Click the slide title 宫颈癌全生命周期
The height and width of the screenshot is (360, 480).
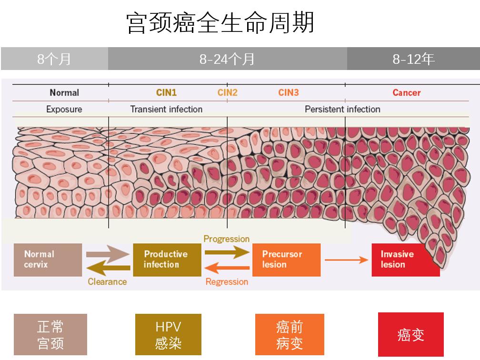(x=220, y=23)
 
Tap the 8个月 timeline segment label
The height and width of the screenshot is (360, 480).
(x=54, y=59)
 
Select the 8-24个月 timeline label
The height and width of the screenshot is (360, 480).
(x=227, y=59)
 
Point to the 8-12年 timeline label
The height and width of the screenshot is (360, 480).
(x=413, y=59)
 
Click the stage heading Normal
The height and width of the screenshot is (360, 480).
(x=64, y=93)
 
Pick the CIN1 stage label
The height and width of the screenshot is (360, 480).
(x=166, y=93)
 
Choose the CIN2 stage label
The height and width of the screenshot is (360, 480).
(x=227, y=93)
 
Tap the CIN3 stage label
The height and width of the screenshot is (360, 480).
(x=289, y=93)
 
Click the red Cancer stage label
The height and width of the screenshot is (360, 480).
(x=406, y=93)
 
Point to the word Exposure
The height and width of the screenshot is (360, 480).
(x=64, y=110)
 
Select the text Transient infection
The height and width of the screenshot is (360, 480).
(x=166, y=110)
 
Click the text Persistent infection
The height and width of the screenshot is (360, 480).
(x=342, y=110)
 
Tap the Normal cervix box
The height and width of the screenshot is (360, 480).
(x=48, y=260)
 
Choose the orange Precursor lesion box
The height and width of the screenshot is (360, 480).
(x=286, y=260)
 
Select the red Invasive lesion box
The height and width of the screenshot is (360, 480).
(x=405, y=260)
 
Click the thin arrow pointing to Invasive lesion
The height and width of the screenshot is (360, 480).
(x=346, y=260)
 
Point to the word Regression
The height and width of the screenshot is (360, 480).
(x=227, y=282)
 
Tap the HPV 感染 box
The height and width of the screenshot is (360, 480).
(x=168, y=335)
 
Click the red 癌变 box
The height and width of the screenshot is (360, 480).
(x=410, y=334)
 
